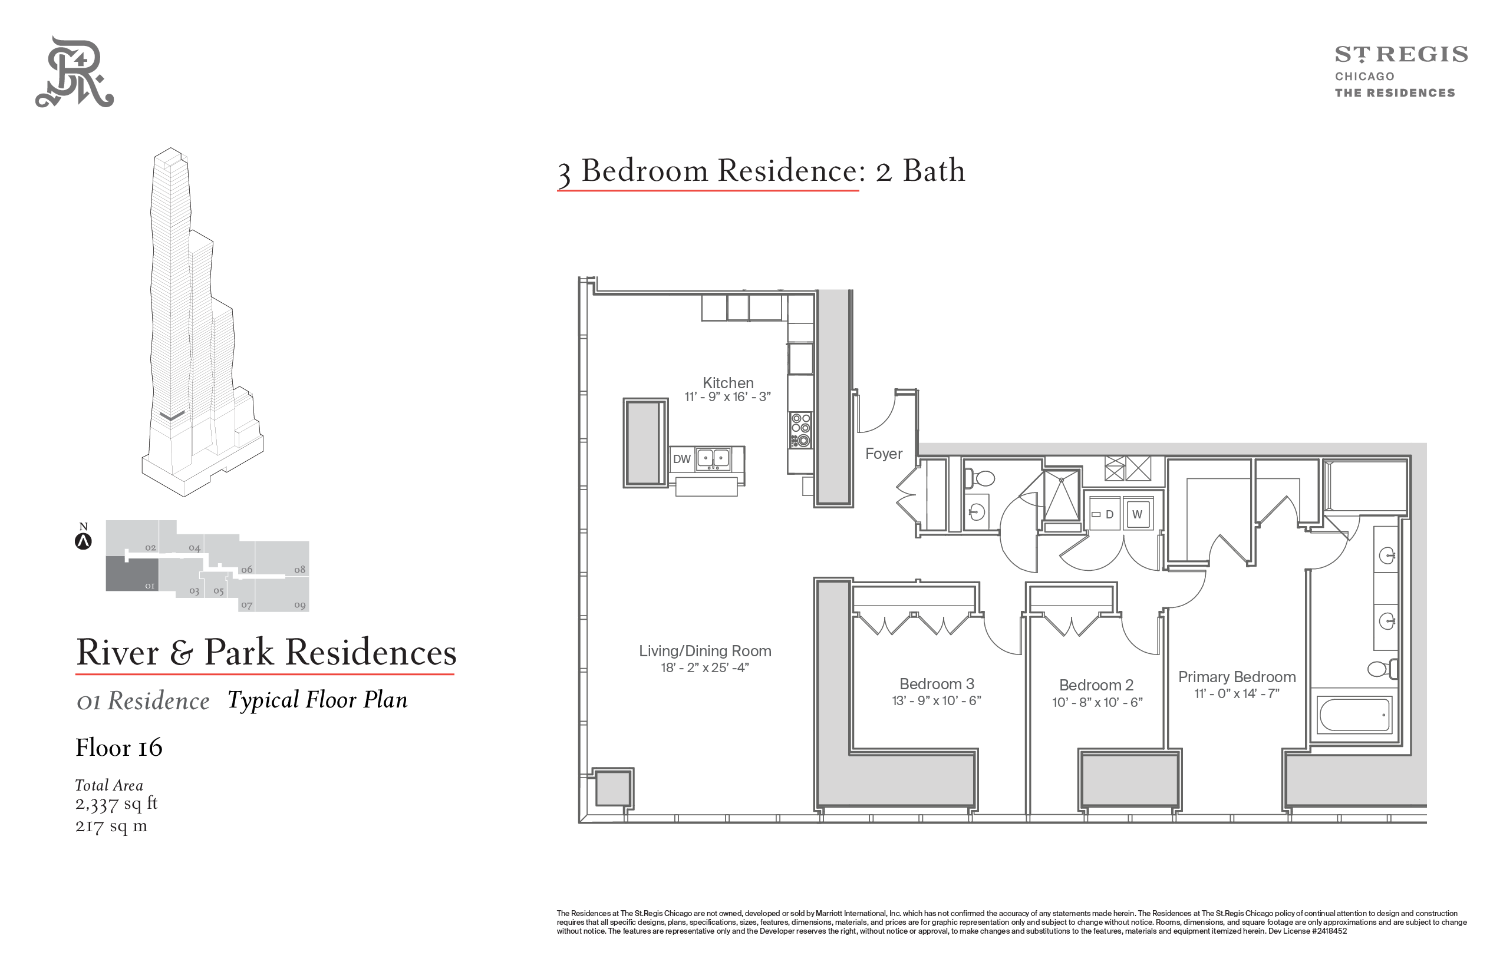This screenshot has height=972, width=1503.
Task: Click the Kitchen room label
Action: click(x=728, y=383)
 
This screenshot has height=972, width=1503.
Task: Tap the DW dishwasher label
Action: click(x=682, y=459)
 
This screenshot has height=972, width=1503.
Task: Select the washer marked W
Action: click(x=1138, y=514)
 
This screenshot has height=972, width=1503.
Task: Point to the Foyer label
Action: click(x=884, y=454)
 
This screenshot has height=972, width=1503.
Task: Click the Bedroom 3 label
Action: click(x=937, y=684)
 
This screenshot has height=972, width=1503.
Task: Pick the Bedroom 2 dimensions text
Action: click(x=1097, y=702)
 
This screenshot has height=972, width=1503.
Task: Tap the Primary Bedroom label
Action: click(x=1237, y=677)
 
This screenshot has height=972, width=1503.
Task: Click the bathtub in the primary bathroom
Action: click(x=1354, y=715)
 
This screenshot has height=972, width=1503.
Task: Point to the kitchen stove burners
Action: click(x=801, y=430)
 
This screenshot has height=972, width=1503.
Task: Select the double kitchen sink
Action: click(x=713, y=459)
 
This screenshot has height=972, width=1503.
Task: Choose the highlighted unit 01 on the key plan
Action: click(x=132, y=573)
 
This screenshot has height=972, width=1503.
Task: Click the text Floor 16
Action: click(x=118, y=748)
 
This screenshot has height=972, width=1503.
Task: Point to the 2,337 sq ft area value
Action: click(x=116, y=804)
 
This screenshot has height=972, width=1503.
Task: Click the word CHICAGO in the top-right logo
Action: click(x=1364, y=77)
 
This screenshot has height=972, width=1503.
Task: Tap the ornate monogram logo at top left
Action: click(x=74, y=72)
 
